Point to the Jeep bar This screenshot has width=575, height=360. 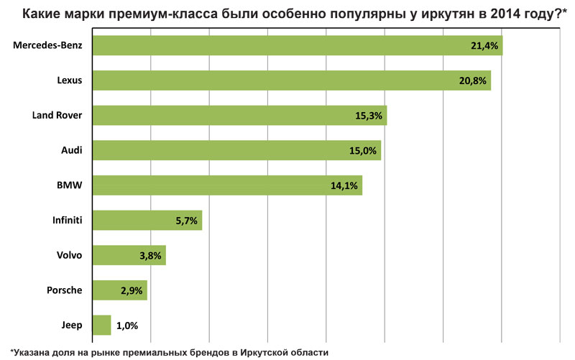[102, 325]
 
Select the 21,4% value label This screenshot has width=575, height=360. [484, 46]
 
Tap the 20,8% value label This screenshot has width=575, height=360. [473, 80]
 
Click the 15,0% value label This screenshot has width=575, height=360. [363, 150]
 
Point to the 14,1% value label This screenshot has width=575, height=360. [344, 185]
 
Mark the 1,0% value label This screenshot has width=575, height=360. [126, 326]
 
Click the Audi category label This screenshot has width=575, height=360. [71, 150]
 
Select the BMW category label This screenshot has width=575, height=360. [70, 185]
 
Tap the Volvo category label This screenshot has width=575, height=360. [70, 255]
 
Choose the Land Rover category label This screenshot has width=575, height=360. [57, 115]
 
